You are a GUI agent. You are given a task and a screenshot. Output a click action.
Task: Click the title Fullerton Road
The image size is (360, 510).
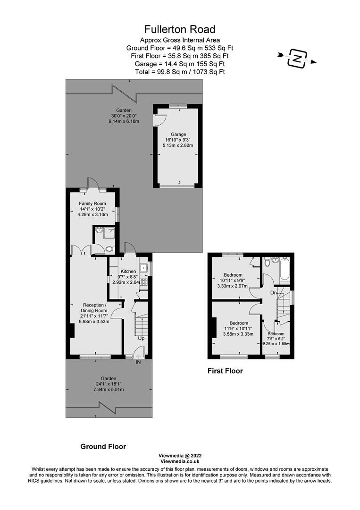180,30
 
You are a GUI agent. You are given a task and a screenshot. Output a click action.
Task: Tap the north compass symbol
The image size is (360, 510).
297,59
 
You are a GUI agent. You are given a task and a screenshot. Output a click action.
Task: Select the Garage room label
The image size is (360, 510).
178,134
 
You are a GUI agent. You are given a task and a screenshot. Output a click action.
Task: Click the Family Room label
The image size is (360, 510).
92,204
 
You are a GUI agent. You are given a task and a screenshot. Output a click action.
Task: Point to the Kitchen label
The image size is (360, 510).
128,271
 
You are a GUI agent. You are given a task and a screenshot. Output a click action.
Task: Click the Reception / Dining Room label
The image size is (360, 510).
94,308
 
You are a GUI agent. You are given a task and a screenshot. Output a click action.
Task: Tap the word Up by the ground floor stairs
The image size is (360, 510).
142,338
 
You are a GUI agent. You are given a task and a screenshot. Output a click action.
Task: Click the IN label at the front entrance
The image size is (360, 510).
138,362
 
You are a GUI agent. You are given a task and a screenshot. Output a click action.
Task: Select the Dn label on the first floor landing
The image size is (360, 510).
274,293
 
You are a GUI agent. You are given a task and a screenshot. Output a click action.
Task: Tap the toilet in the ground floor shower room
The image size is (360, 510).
110,249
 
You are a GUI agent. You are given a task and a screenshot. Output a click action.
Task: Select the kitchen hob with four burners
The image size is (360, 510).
143,281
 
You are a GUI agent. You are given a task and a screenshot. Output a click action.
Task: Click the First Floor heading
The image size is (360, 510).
225,371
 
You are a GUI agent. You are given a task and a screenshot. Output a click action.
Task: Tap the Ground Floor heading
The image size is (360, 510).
103,447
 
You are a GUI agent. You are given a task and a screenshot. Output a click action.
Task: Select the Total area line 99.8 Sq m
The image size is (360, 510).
180,72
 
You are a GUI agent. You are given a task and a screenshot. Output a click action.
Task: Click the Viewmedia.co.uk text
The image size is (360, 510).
180,461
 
